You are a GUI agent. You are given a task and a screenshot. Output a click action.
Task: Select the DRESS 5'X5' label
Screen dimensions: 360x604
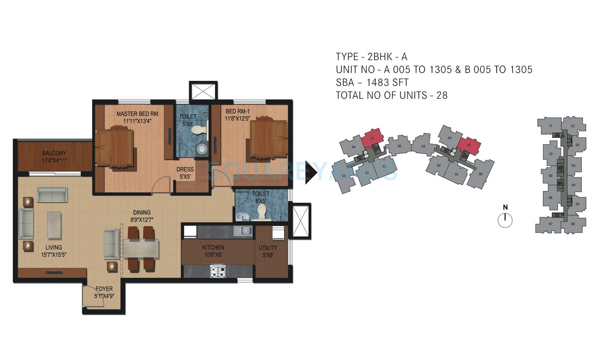click(x=185, y=173)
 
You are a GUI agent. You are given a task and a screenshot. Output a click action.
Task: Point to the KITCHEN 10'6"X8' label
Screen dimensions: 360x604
click(x=213, y=251)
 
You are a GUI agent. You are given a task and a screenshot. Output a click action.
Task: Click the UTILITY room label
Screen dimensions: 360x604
click(x=268, y=251)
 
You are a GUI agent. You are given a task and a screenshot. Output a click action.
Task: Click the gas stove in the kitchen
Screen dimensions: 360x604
click(x=218, y=271)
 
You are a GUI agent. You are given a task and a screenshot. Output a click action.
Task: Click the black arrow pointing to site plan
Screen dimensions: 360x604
click(x=311, y=172)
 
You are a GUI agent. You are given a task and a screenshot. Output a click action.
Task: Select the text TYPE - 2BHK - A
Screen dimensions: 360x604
click(x=371, y=57)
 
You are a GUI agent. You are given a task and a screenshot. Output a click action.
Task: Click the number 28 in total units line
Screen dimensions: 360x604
click(x=442, y=96)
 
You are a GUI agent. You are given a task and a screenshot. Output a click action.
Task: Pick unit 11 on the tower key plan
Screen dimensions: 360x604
click(x=550, y=126)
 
